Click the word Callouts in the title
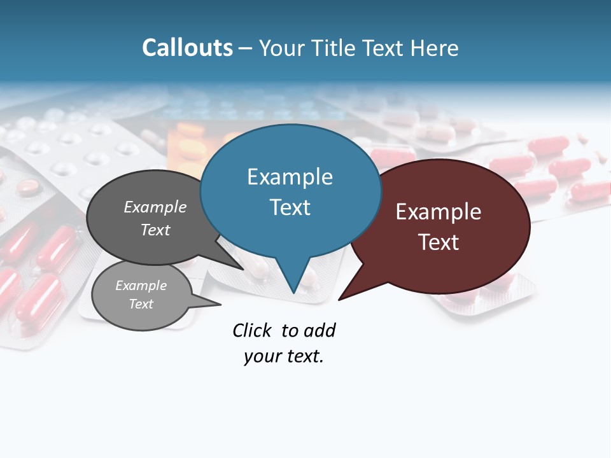(x=187, y=48)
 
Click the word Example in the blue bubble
(x=290, y=177)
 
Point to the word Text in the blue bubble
(x=290, y=207)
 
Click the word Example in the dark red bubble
(x=439, y=212)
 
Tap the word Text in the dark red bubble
(x=439, y=242)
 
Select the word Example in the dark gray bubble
(x=155, y=207)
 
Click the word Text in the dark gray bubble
(x=155, y=230)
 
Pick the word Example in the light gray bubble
(x=141, y=286)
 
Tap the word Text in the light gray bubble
(x=141, y=304)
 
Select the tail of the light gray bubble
(x=210, y=303)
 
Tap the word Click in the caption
(x=251, y=330)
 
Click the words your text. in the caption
(x=283, y=356)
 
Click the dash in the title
(x=246, y=48)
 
